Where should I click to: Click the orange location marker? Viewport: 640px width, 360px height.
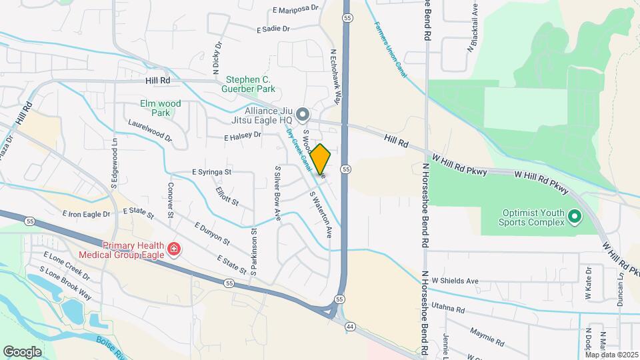click(x=321, y=159)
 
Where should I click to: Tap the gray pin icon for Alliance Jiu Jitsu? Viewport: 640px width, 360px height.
click(x=303, y=115)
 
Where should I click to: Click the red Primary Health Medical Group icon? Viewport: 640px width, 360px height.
click(x=173, y=249)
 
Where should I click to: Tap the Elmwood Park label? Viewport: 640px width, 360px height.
click(x=161, y=108)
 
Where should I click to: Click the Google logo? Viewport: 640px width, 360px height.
click(x=22, y=352)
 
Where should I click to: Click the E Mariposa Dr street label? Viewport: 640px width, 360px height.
click(x=296, y=10)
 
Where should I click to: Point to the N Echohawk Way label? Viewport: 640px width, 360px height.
click(x=336, y=77)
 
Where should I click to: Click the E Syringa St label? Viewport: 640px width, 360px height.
click(x=211, y=172)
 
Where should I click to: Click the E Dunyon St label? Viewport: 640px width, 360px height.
click(x=212, y=234)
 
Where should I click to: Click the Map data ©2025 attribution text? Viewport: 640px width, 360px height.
click(x=611, y=354)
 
